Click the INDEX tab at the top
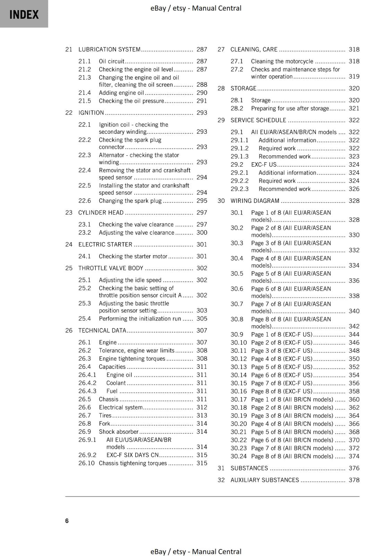pyautogui.click(x=24, y=14)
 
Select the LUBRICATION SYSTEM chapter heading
pyautogui.click(x=109, y=49)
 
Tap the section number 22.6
pyautogui.click(x=85, y=201)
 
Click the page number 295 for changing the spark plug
pyautogui.click(x=202, y=201)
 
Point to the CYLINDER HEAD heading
pyautogui.click(x=101, y=213)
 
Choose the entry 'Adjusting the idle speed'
pyautogui.click(x=130, y=280)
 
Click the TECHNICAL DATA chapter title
pyautogui.click(x=102, y=330)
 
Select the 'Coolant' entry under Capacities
pyautogui.click(x=116, y=383)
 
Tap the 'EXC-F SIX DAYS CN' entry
pyautogui.click(x=132, y=455)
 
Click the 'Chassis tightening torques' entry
pyautogui.click(x=133, y=463)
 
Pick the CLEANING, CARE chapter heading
pyautogui.click(x=254, y=49)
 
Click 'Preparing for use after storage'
pyautogui.click(x=290, y=108)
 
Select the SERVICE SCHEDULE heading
pyautogui.click(x=258, y=120)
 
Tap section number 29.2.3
pyautogui.click(x=240, y=189)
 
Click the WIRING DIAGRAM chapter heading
pyautogui.click(x=255, y=201)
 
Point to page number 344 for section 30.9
pyautogui.click(x=354, y=335)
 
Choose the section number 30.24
pyautogui.click(x=239, y=456)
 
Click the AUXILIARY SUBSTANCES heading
pyautogui.click(x=265, y=480)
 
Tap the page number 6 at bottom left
pyautogui.click(x=67, y=521)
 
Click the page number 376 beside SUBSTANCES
pyautogui.click(x=354, y=468)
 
